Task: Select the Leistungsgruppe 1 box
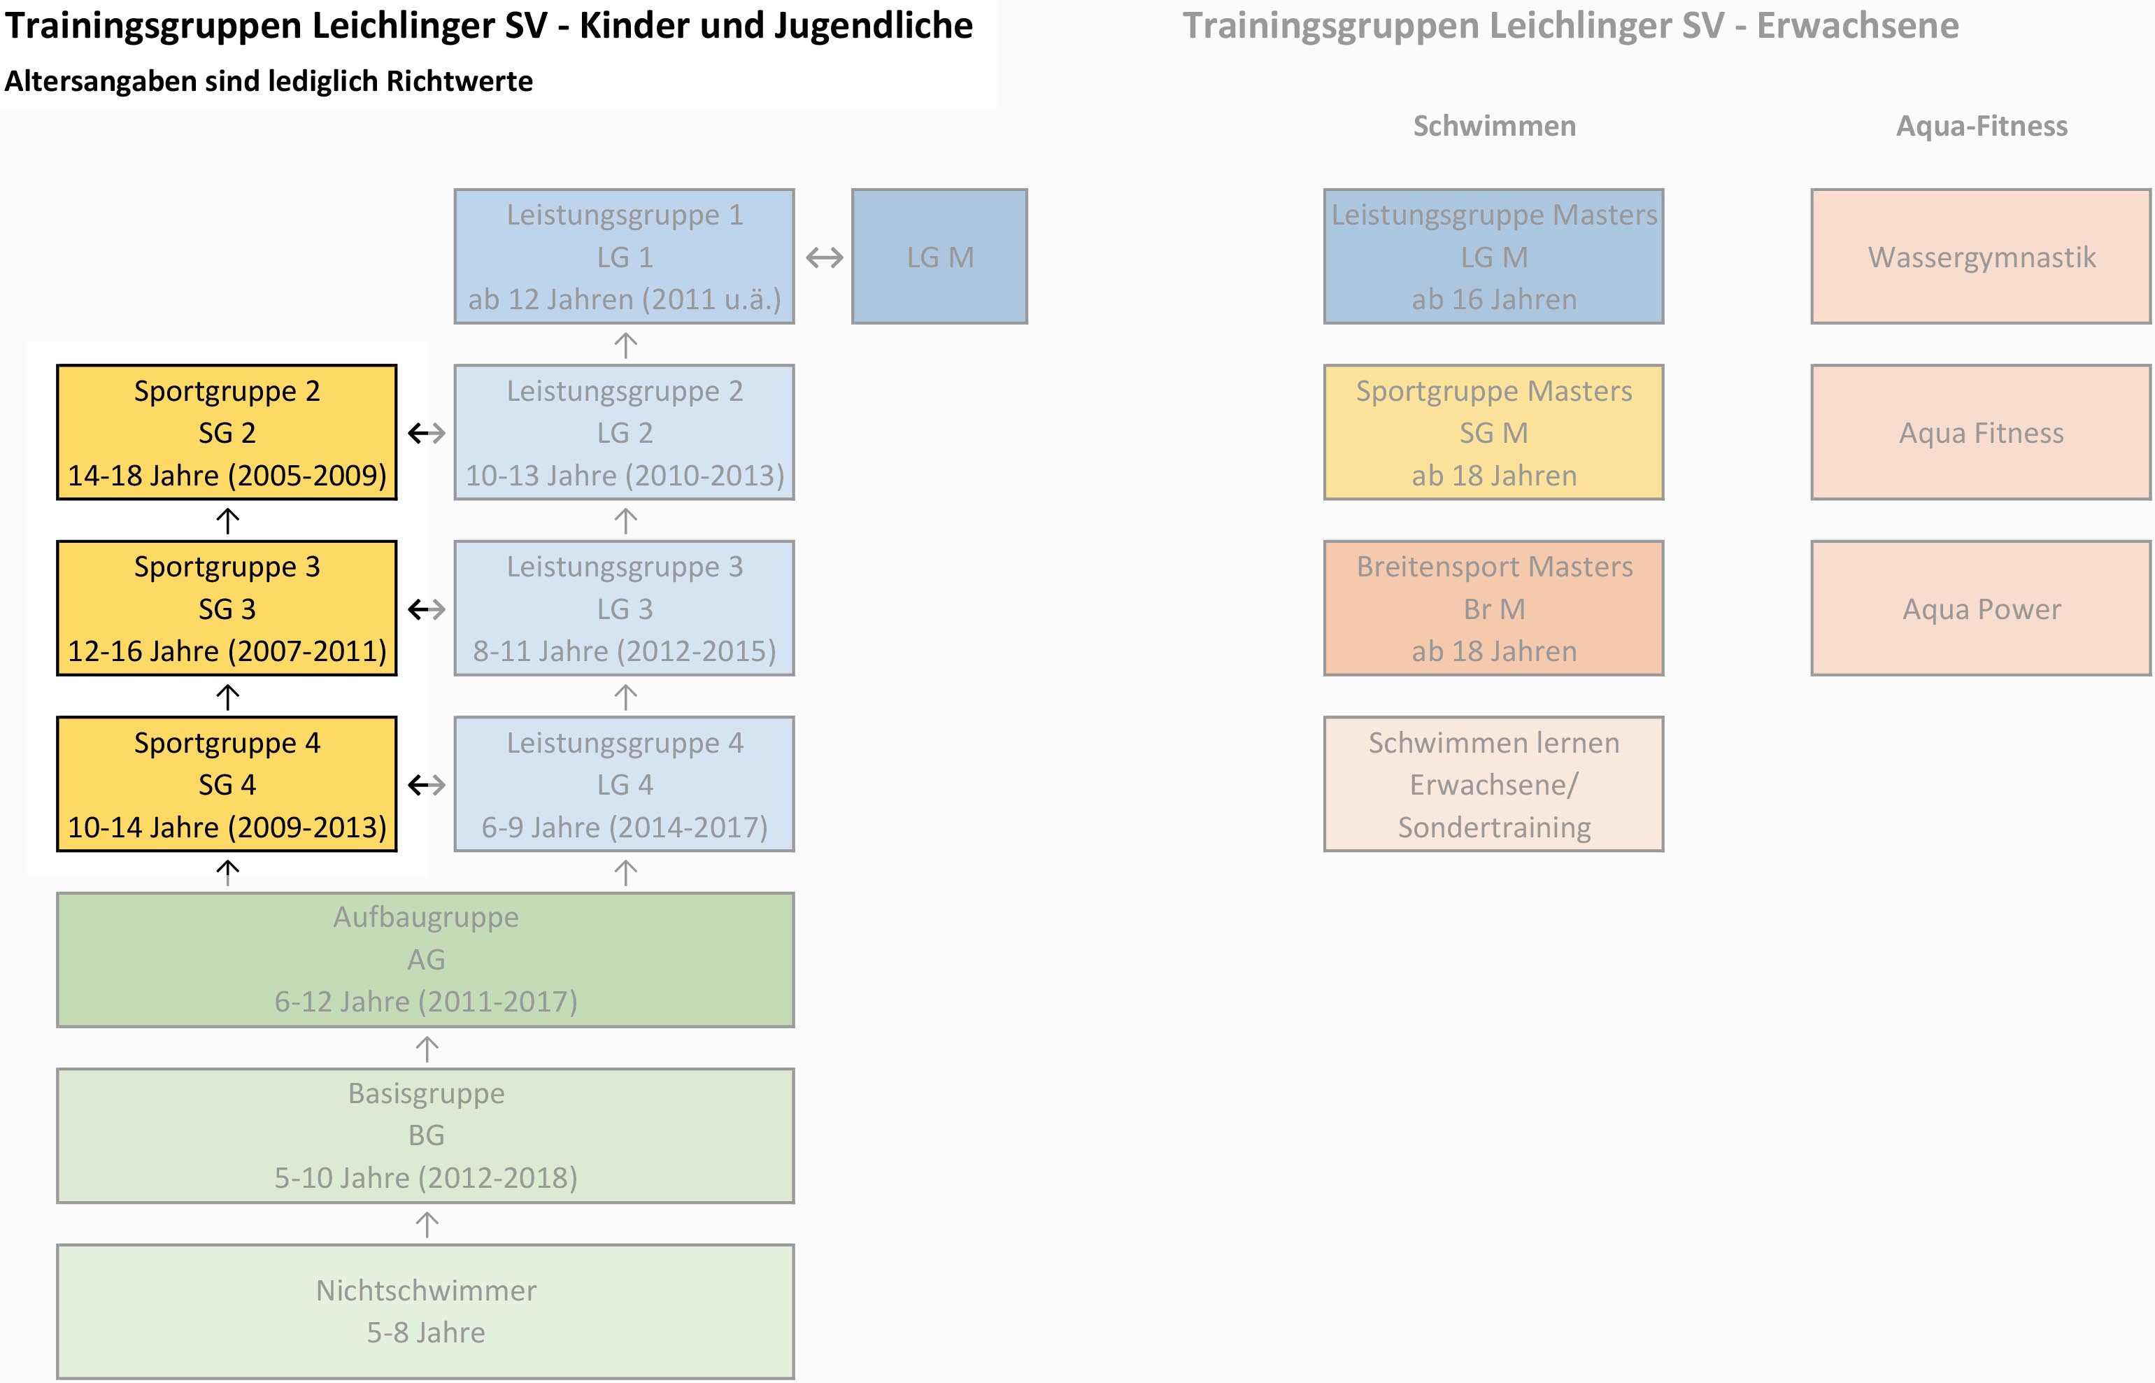[624, 256]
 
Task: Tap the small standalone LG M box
[939, 256]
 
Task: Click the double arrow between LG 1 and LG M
[823, 257]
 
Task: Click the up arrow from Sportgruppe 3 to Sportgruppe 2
[227, 520]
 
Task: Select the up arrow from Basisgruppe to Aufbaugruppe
[427, 1048]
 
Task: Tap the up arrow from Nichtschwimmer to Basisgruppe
[427, 1224]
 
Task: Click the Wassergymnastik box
[1981, 256]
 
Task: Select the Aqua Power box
[1981, 608]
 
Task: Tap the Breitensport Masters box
[1493, 608]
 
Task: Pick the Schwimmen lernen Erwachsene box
[1493, 784]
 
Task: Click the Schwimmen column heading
[1494, 126]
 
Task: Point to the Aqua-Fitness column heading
[1982, 126]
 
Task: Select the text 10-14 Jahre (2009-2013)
[227, 827]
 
